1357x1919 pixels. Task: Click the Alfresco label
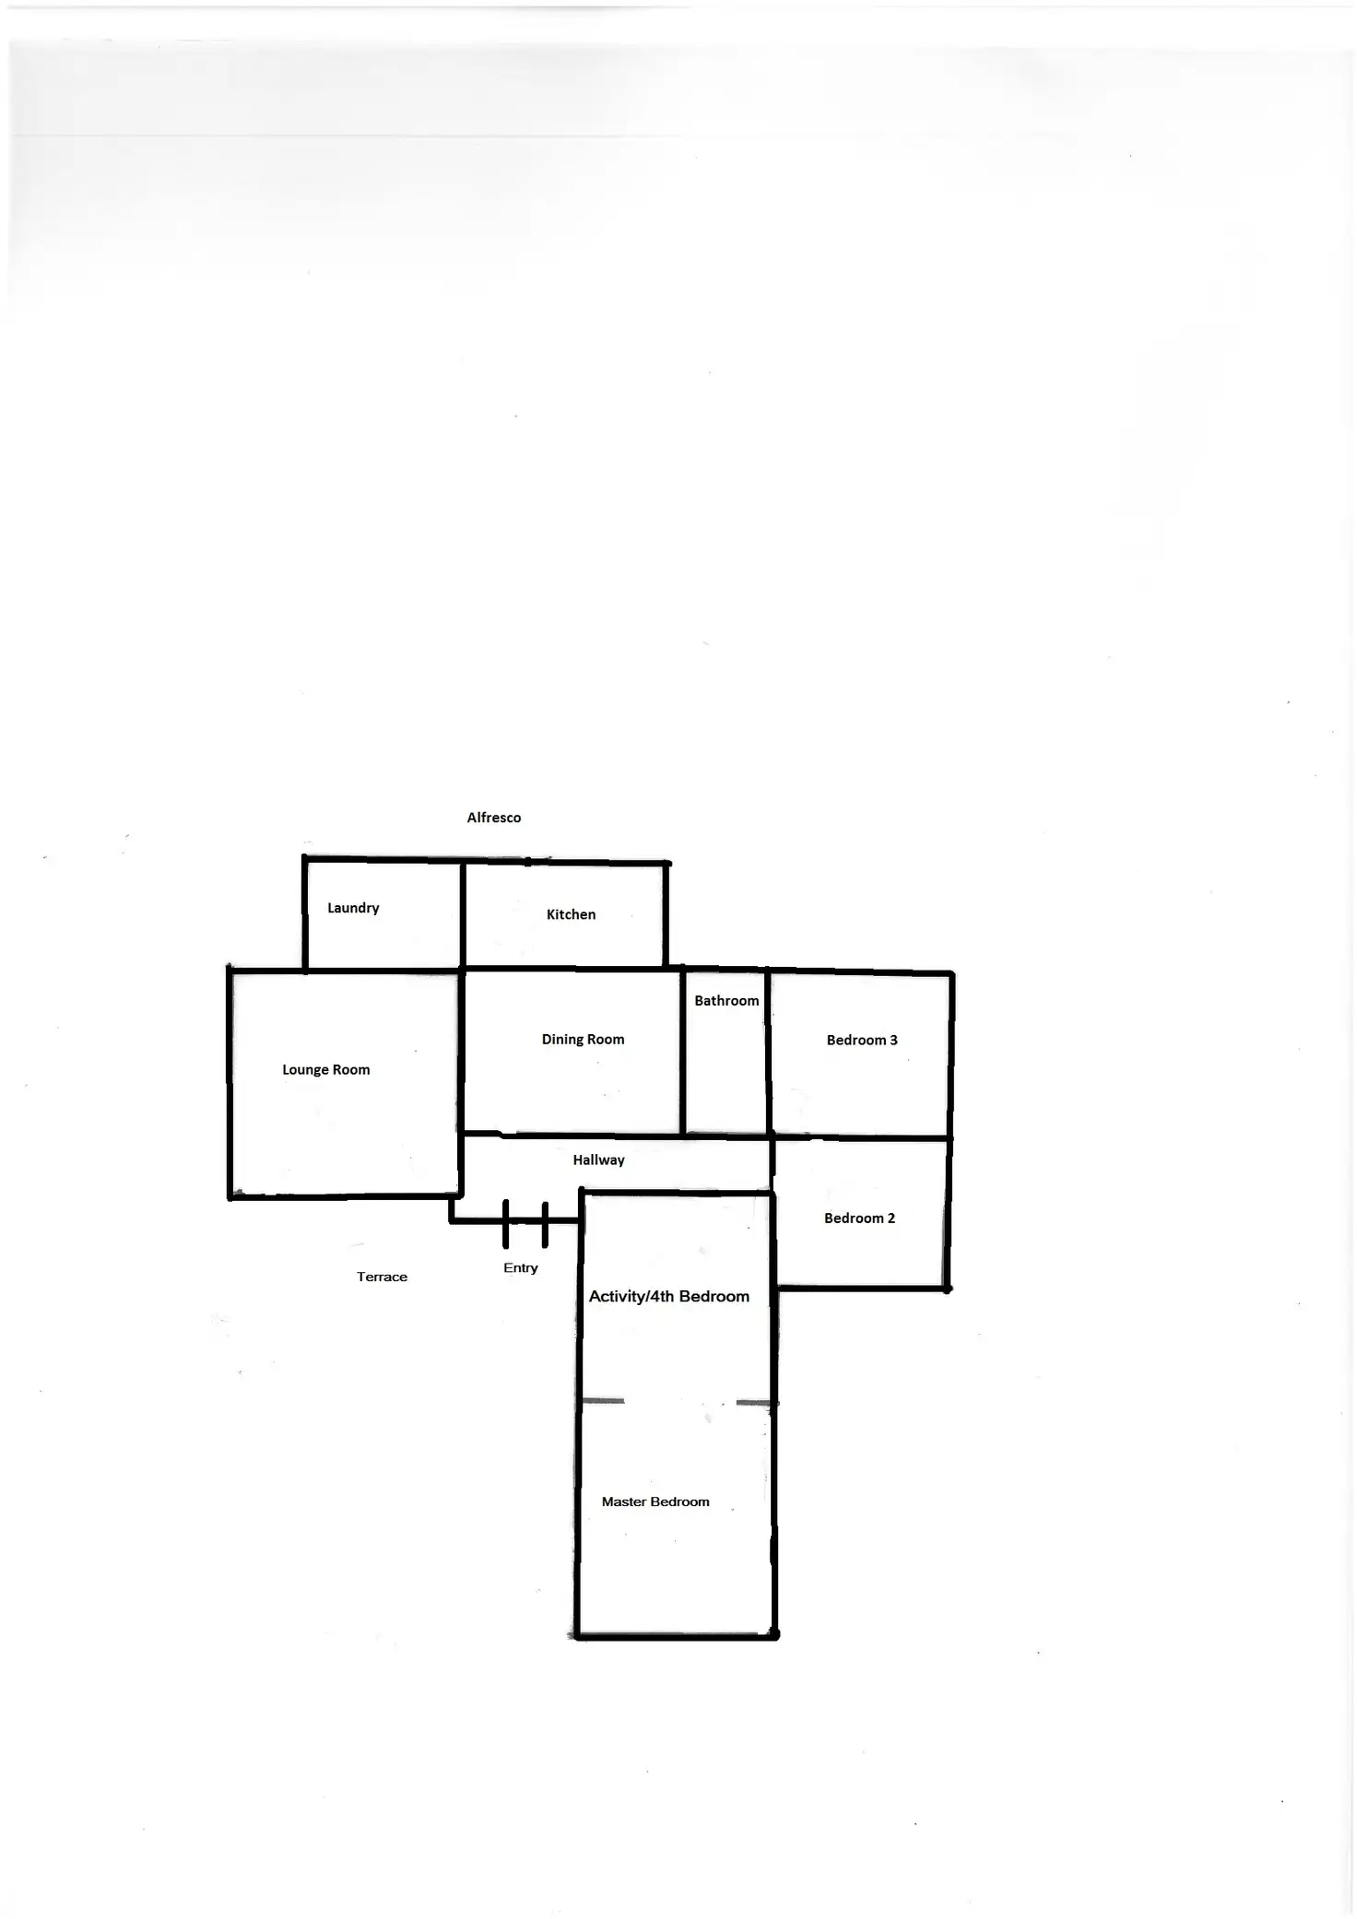coord(493,818)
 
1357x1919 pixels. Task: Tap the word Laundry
coord(353,908)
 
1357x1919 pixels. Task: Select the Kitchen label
coord(571,914)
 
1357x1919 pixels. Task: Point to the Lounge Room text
coord(325,1069)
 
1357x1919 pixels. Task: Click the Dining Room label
coord(583,1039)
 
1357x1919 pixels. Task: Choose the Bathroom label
coord(726,1000)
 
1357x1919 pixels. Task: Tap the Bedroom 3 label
coord(861,1040)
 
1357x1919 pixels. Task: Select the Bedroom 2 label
coord(859,1218)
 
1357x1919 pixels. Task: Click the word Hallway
coord(598,1160)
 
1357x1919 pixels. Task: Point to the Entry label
coord(520,1267)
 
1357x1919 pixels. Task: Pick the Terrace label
coord(382,1277)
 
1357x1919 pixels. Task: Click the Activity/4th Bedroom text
coord(668,1296)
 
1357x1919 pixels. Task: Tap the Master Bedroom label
coord(655,1501)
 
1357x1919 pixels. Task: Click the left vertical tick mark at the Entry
coord(505,1224)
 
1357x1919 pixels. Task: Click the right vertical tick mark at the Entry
coord(545,1224)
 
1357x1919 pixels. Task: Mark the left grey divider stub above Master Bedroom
coord(603,1401)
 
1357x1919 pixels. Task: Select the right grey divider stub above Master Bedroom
coord(754,1403)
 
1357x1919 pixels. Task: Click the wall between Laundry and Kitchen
coord(462,914)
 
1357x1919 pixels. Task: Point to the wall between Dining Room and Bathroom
coord(682,1051)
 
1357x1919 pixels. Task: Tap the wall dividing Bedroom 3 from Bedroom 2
coord(861,1138)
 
